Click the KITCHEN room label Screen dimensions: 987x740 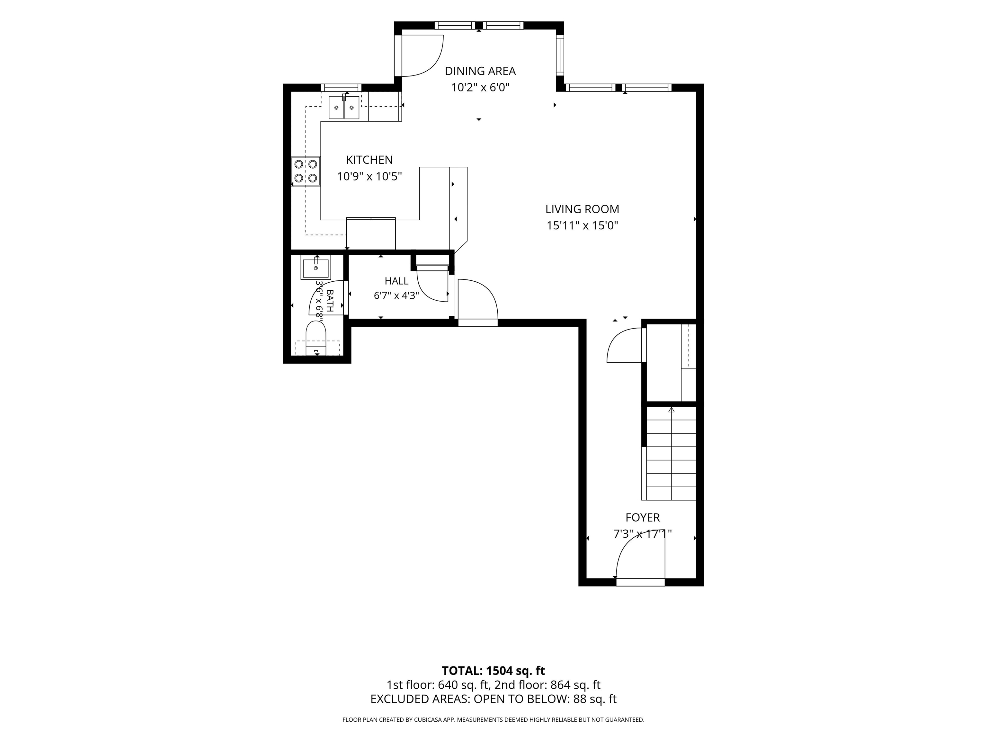369,160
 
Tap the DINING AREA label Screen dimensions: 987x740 480,71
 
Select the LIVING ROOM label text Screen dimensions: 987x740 582,209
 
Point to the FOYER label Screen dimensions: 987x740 643,517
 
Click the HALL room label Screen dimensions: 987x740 396,281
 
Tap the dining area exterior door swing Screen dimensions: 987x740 421,56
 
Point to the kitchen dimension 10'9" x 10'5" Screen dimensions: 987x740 369,177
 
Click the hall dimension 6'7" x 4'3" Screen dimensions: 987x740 396,295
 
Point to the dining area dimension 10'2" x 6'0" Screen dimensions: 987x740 480,87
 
